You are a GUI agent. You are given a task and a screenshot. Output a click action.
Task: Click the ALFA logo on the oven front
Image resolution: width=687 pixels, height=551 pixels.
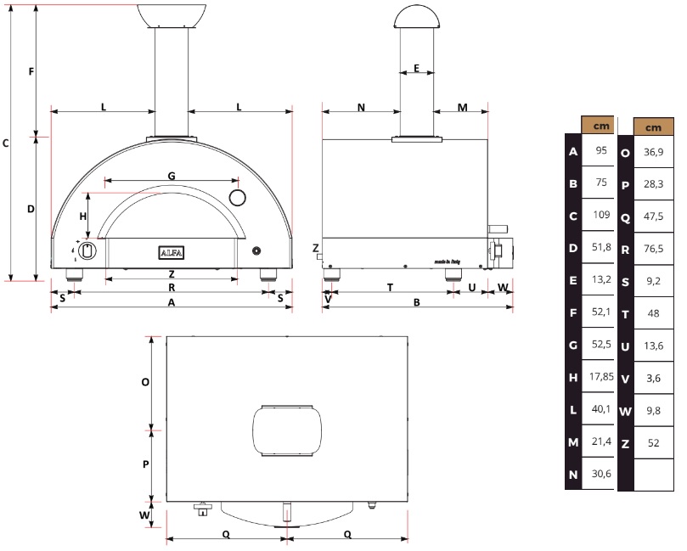[171, 253]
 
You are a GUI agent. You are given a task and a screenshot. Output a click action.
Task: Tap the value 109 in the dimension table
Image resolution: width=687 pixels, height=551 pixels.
[601, 215]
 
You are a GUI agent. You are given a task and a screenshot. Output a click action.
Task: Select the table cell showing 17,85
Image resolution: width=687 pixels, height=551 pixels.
[601, 376]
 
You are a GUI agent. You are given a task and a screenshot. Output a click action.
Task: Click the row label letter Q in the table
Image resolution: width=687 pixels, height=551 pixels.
[625, 217]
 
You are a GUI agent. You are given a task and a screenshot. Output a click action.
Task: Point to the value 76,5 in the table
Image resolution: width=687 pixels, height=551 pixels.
[653, 249]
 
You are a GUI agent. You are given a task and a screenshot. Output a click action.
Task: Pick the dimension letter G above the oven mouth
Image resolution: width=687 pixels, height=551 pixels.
[172, 176]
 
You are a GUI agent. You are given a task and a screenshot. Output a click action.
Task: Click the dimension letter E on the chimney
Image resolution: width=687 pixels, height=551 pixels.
[416, 68]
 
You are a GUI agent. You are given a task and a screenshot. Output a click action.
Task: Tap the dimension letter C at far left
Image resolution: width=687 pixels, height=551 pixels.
[6, 143]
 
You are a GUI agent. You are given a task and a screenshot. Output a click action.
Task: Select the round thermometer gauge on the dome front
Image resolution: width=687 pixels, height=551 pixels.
[238, 198]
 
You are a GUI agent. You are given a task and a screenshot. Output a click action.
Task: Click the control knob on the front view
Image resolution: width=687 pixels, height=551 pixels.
[87, 251]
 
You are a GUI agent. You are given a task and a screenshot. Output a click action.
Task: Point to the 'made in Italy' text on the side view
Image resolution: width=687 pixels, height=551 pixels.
[447, 262]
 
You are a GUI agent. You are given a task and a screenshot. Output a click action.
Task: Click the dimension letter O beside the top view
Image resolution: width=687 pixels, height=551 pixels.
[145, 382]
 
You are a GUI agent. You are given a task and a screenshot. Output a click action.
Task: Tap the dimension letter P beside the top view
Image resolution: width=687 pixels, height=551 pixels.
[146, 464]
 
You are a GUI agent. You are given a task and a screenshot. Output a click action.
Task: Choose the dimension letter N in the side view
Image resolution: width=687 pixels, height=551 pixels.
[361, 107]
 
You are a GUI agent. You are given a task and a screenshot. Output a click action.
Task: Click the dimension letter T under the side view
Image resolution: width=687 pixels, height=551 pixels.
[390, 287]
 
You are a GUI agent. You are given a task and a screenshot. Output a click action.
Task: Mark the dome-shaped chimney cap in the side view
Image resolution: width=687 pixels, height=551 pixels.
[416, 17]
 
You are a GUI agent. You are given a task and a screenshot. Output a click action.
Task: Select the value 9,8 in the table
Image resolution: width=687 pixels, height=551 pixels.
[653, 411]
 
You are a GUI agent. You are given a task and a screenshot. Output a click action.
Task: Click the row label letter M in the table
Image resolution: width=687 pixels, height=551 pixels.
[573, 443]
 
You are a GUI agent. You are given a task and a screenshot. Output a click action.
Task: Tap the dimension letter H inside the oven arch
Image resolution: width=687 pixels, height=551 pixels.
[83, 216]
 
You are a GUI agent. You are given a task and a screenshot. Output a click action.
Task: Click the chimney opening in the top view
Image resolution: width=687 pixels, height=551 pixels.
[287, 431]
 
